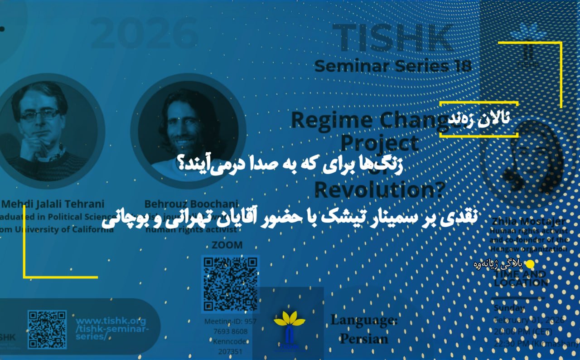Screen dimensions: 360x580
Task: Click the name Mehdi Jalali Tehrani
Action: (x=53, y=204)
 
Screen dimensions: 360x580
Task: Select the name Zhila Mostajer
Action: (x=528, y=222)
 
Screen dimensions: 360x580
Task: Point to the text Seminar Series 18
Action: (x=393, y=66)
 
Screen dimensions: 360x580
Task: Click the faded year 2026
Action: (x=145, y=33)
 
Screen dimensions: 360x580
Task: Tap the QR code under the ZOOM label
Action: (x=230, y=283)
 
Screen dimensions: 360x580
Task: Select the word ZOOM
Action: (x=227, y=245)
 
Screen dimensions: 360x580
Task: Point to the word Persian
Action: (x=364, y=339)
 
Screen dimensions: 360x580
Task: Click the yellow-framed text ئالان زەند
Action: (x=478, y=119)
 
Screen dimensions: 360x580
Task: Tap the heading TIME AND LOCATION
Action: (x=521, y=278)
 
